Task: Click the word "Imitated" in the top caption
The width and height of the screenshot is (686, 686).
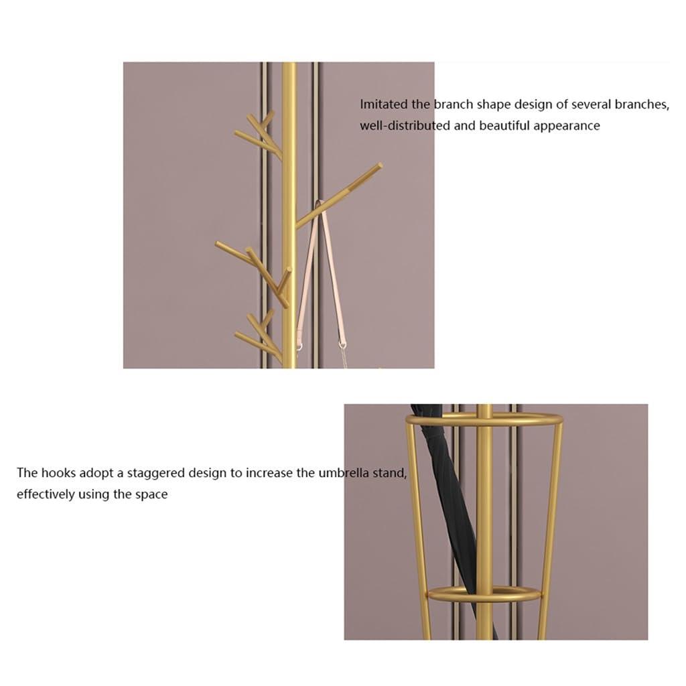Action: pyautogui.click(x=384, y=104)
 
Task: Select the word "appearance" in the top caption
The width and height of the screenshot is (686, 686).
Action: pyautogui.click(x=566, y=127)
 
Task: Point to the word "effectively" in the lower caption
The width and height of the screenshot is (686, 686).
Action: pyautogui.click(x=46, y=494)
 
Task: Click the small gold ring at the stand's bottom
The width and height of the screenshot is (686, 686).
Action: pyautogui.click(x=485, y=595)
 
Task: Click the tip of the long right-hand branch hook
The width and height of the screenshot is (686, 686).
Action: pyautogui.click(x=380, y=166)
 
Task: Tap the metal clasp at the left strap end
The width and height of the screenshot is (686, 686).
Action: pyautogui.click(x=299, y=348)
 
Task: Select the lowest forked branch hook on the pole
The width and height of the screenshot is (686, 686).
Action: pyautogui.click(x=259, y=337)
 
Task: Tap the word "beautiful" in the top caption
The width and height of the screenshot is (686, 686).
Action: pyautogui.click(x=504, y=125)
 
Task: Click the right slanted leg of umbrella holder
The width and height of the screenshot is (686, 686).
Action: pyautogui.click(x=549, y=529)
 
